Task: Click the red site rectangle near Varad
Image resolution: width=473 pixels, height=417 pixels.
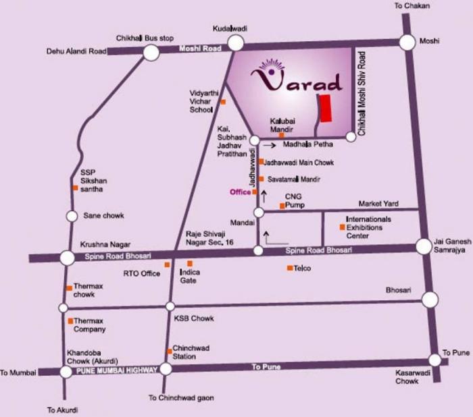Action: (326, 109)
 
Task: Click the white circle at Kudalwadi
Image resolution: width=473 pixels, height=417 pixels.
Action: (235, 43)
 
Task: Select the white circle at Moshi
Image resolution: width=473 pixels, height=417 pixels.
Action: (407, 42)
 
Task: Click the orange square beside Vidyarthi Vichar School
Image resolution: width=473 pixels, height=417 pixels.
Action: (223, 102)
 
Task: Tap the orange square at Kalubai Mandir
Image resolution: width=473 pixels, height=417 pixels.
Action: (272, 135)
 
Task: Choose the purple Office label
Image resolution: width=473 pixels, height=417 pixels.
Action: (240, 192)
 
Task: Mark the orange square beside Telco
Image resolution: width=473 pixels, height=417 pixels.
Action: (289, 269)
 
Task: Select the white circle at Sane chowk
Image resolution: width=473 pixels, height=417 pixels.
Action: (72, 216)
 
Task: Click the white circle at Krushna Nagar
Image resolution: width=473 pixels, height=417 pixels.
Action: (67, 257)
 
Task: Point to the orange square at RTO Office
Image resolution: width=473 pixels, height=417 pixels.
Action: (166, 265)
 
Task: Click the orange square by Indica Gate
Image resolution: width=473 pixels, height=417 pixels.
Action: (189, 263)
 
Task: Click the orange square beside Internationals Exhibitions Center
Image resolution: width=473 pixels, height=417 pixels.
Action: (342, 228)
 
